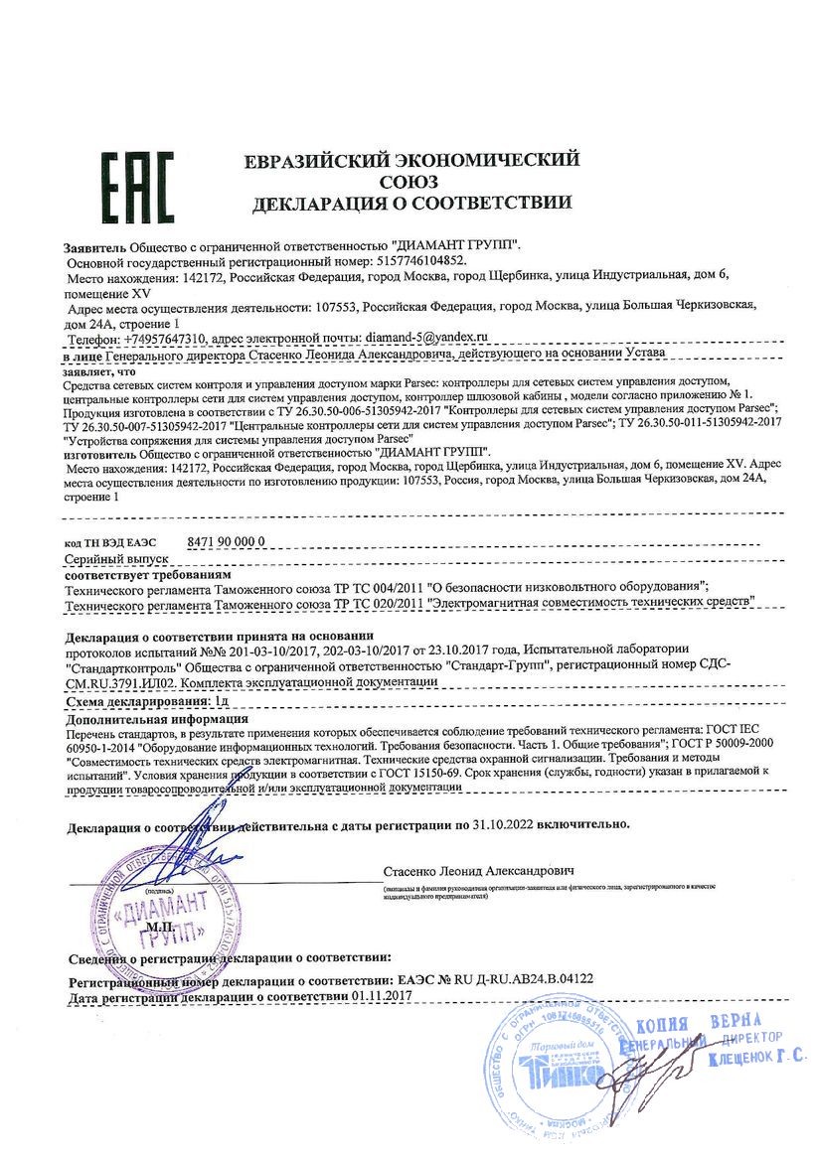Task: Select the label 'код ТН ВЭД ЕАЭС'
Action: click(110, 541)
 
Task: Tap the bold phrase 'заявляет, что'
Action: click(96, 369)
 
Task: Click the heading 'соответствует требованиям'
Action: click(148, 574)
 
